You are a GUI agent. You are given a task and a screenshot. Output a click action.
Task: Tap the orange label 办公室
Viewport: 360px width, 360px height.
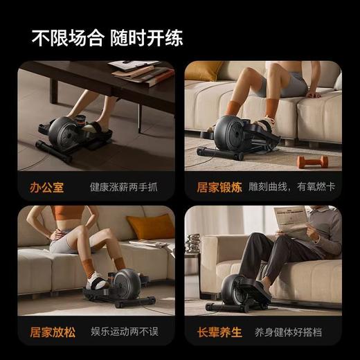pyautogui.click(x=46, y=187)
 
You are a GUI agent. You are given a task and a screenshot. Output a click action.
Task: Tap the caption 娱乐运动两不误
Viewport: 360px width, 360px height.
pyautogui.click(x=124, y=331)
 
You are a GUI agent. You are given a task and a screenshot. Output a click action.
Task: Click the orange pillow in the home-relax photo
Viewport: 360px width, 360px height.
pyautogui.click(x=151, y=227)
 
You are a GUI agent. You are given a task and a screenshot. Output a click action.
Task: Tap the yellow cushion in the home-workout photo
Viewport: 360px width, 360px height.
pyautogui.click(x=204, y=71)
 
